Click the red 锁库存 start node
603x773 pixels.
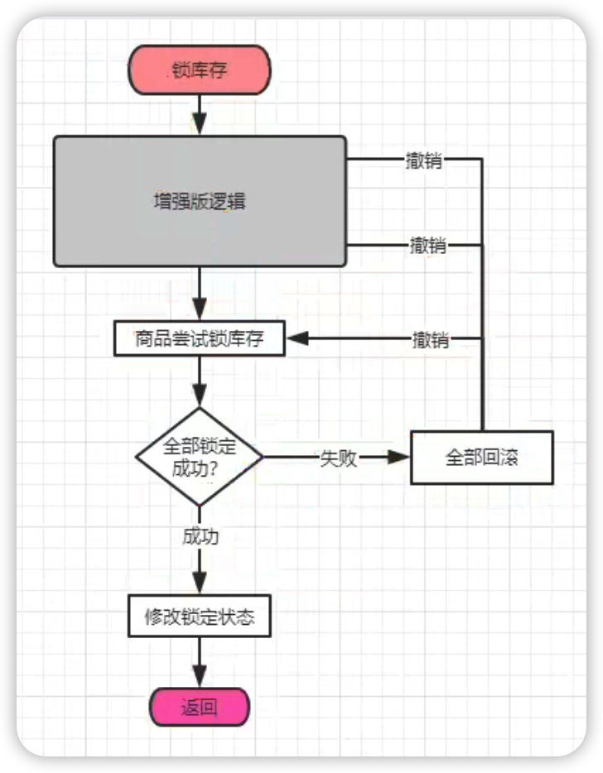pos(199,70)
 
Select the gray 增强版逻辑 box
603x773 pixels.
pos(200,202)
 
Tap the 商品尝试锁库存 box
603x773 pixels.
pos(199,338)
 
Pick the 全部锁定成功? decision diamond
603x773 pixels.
pos(199,457)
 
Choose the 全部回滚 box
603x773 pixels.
pos(481,457)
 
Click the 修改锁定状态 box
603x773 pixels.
pos(199,617)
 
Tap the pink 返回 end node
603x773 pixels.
pos(199,707)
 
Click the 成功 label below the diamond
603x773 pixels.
pos(200,536)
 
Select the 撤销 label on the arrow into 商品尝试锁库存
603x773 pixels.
pos(431,339)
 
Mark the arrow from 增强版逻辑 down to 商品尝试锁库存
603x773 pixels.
pos(199,294)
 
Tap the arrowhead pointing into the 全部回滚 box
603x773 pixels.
pos(401,457)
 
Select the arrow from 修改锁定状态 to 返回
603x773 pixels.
pos(199,662)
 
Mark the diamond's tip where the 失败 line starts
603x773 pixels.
pos(262,457)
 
